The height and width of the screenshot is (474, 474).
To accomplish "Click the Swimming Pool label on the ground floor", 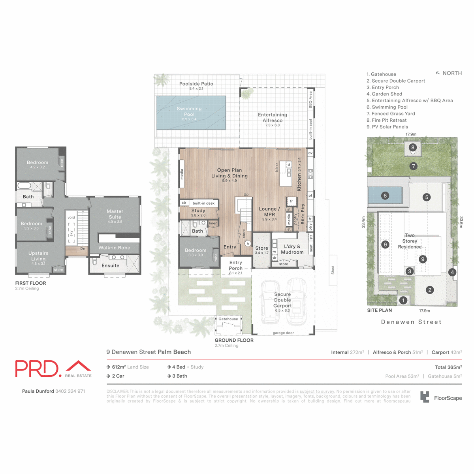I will [189, 111].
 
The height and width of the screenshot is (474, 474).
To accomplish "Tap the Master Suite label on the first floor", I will [115, 214].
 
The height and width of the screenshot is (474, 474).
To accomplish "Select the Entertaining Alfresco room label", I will [273, 117].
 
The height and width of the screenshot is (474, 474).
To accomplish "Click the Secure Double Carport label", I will [282, 300].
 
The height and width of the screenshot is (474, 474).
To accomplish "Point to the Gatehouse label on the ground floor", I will [228, 319].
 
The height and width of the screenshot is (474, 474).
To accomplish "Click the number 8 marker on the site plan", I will [413, 148].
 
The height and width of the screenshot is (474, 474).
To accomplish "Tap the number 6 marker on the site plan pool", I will [385, 196].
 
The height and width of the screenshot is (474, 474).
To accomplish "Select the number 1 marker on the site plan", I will [403, 300].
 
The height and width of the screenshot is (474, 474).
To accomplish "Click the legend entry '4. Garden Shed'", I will [384, 94].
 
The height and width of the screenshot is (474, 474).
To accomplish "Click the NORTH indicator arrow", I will [438, 73].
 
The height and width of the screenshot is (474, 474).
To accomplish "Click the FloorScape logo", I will [441, 397].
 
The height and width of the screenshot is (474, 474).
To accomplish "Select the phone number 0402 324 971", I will [70, 391].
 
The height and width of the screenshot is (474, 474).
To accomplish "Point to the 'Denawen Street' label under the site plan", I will [411, 322].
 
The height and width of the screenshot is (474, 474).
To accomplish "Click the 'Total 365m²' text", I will [448, 367].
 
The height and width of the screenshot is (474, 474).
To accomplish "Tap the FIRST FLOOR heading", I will [30, 283].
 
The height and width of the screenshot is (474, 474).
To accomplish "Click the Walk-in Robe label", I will [114, 248].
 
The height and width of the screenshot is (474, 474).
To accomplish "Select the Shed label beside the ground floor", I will [333, 270].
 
